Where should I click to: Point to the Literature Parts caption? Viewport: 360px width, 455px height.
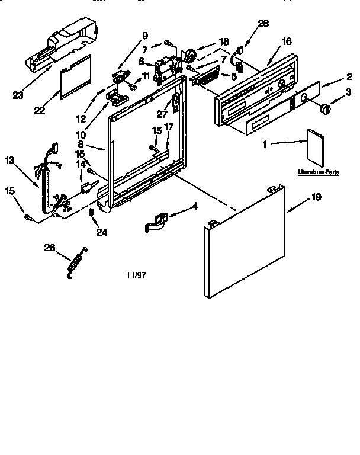tap(318, 172)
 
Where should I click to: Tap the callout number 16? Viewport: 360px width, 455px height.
tap(286, 41)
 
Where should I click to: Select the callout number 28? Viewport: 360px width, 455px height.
tap(263, 24)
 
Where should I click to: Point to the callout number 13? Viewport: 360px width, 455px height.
tap(9, 160)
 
